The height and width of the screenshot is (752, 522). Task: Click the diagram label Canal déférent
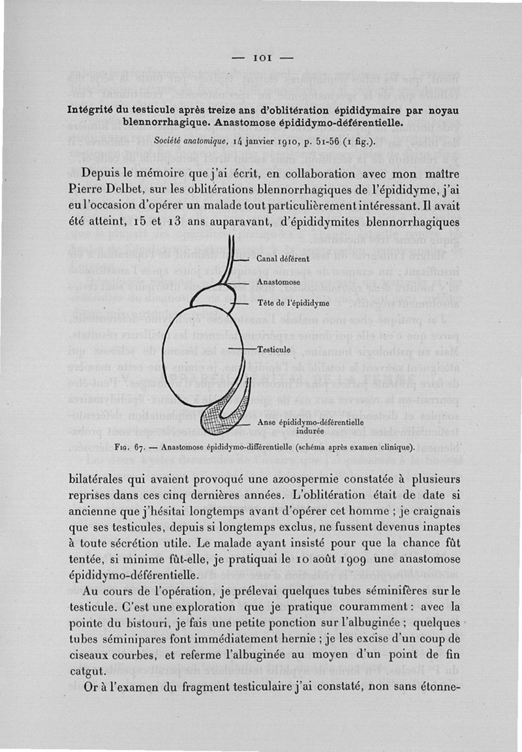coord(283,259)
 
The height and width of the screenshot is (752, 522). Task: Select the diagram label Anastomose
coord(277,282)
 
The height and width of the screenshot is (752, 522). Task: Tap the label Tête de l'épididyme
coord(293,303)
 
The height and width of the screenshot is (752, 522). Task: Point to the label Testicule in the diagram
coord(273,349)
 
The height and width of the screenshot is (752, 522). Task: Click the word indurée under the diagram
coord(310,431)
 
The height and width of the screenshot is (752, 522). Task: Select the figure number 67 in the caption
coord(138,447)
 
